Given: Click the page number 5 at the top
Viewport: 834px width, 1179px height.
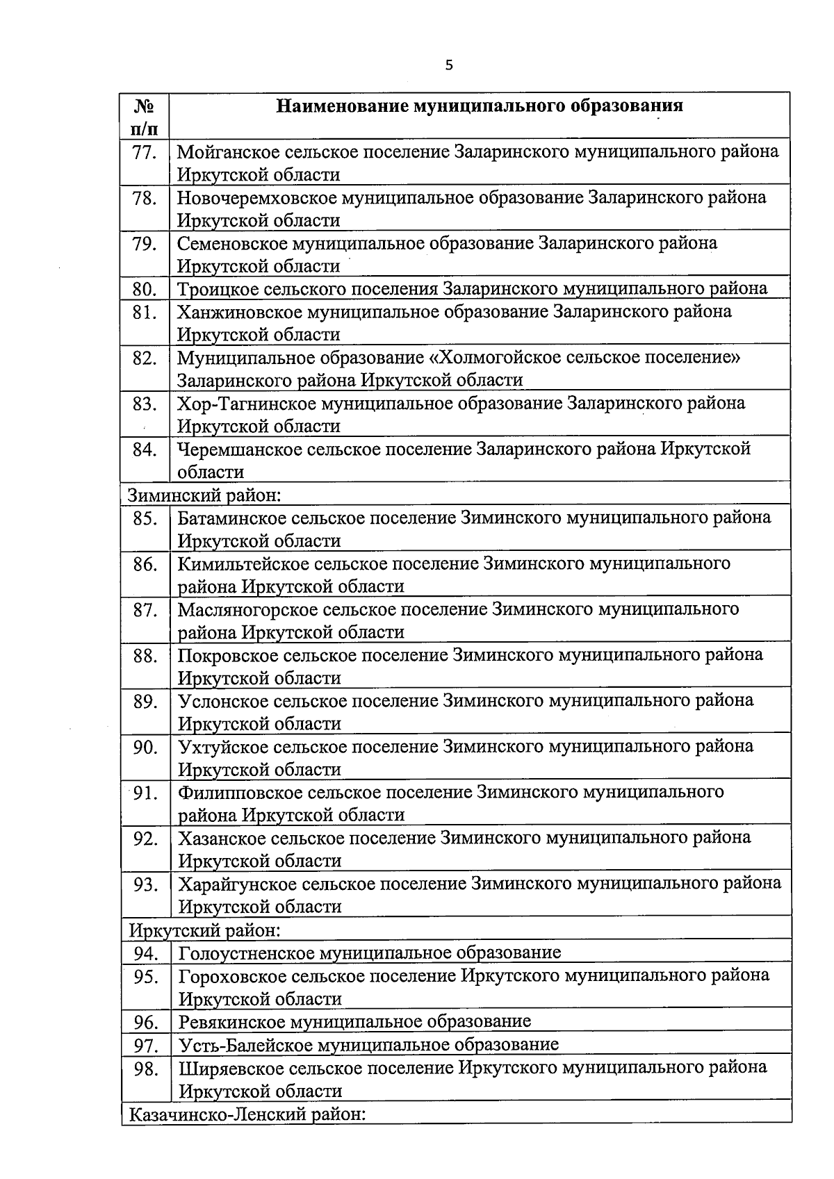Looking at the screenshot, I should (448, 65).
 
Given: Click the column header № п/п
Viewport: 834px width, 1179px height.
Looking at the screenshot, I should (144, 117).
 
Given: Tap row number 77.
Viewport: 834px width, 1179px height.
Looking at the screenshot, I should (145, 151).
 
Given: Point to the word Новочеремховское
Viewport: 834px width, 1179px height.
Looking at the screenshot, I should (256, 197).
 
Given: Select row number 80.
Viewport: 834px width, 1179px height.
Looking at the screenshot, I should (145, 288).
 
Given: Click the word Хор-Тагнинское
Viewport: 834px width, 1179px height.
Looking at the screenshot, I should (245, 404).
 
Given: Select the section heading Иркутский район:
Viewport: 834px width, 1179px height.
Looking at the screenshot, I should (205, 930).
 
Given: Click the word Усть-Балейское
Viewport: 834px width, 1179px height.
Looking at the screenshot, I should (245, 1044).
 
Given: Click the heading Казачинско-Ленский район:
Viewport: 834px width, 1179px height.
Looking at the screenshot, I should (247, 1114).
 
